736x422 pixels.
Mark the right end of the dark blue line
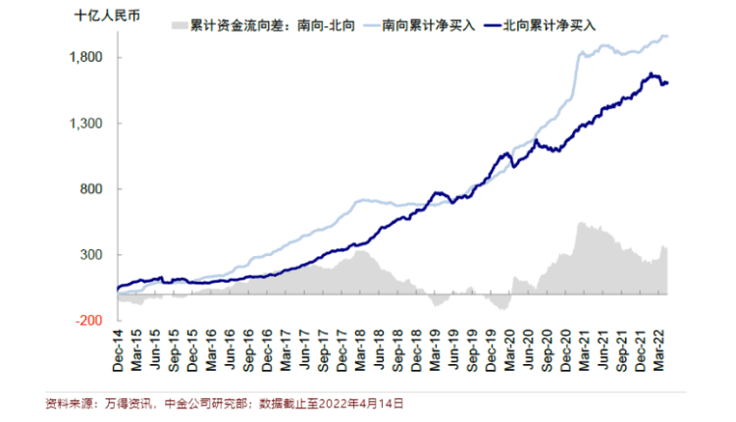coord(667,83)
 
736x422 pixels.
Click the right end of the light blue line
coord(667,36)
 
